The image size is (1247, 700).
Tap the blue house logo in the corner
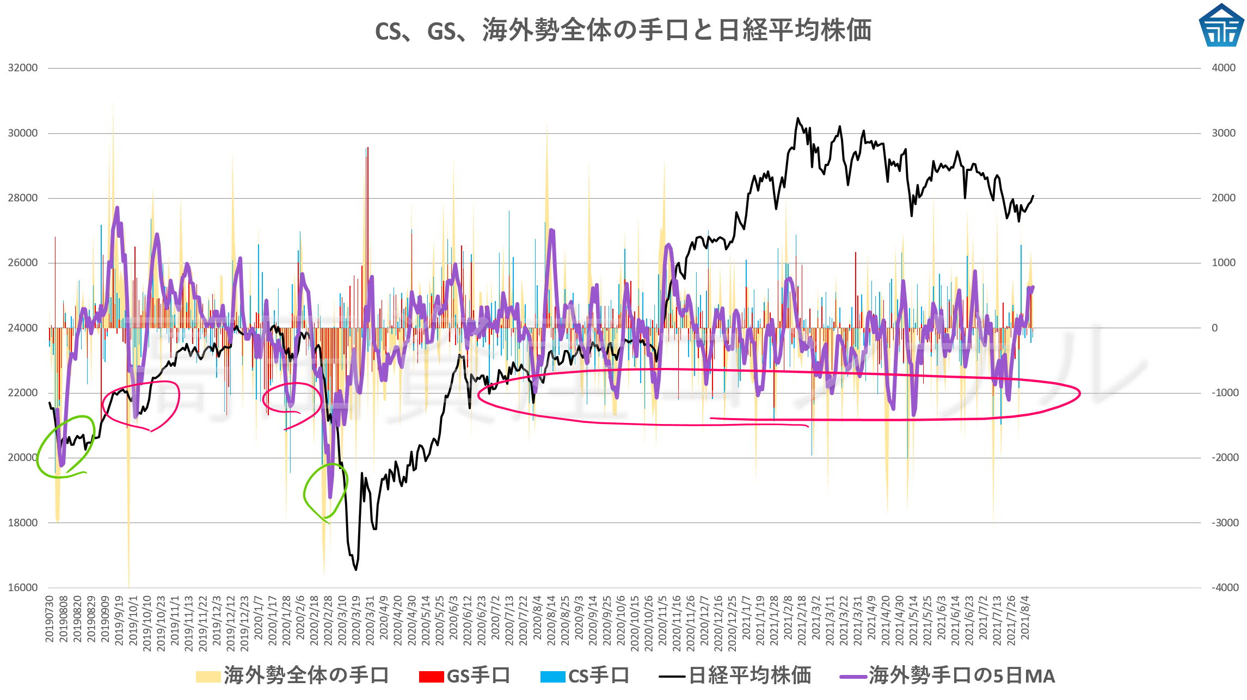click(1221, 26)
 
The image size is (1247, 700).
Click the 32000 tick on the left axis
click(23, 68)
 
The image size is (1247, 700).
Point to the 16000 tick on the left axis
click(23, 588)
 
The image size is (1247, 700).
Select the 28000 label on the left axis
click(23, 198)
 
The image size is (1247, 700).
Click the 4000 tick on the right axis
click(1224, 68)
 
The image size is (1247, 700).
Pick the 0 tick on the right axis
click(1214, 328)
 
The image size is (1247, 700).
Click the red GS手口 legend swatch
click(431, 677)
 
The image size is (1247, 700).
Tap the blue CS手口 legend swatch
click(552, 677)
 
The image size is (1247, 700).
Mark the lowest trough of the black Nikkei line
click(356, 569)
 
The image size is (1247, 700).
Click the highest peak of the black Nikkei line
click(798, 118)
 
